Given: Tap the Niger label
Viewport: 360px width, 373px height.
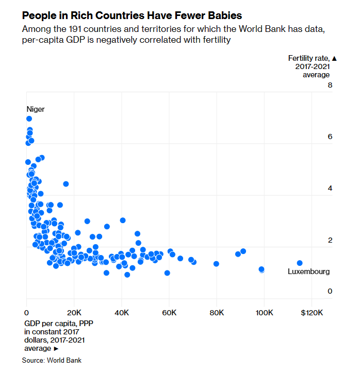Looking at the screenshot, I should tap(36, 109).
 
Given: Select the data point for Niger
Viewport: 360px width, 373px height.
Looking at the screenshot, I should tap(29, 118).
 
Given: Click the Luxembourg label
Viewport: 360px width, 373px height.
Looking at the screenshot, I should tap(308, 272).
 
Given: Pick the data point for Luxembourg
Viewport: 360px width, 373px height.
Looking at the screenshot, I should tap(300, 263).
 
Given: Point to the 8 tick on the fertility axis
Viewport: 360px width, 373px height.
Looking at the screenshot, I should tap(330, 85).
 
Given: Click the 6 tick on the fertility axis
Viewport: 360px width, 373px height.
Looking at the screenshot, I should tap(330, 137).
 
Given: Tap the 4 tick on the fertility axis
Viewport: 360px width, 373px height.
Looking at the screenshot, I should tap(330, 189).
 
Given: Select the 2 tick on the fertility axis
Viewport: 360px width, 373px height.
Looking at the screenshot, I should tap(330, 240).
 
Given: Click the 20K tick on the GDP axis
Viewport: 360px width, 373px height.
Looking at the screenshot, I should tap(74, 312).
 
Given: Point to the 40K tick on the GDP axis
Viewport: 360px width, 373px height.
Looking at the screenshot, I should tap(122, 312).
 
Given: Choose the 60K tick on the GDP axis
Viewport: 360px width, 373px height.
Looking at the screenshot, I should tap(169, 312).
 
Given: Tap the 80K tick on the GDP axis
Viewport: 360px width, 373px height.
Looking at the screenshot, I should tap(217, 312).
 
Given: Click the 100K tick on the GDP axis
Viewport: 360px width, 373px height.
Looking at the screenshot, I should tap(264, 312).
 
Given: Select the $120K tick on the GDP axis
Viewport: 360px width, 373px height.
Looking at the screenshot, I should tap(311, 312).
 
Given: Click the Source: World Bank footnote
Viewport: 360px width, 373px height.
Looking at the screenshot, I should tap(52, 360).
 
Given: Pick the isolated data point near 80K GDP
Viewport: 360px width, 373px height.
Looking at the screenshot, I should tap(216, 264).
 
